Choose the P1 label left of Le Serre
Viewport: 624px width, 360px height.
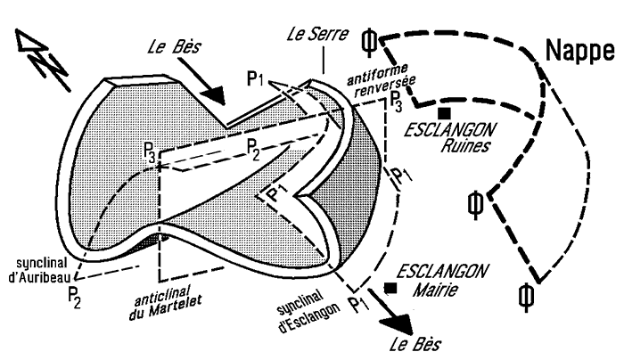pyautogui.click(x=256, y=79)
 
